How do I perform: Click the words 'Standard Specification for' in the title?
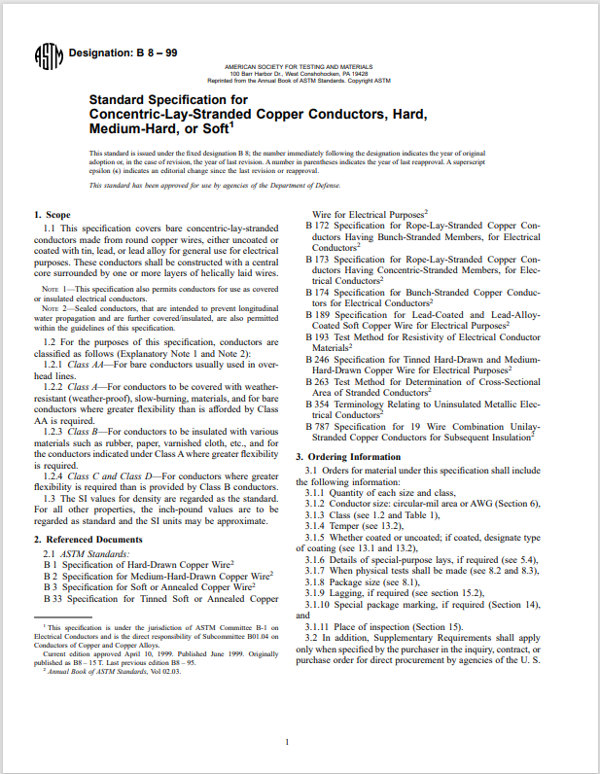[x=155, y=99]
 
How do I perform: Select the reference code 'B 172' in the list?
[x=317, y=226]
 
